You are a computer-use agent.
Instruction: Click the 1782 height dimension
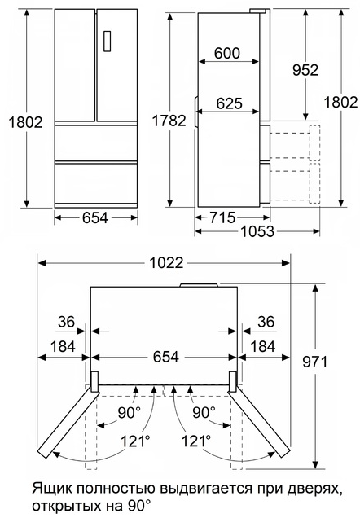(x=169, y=121)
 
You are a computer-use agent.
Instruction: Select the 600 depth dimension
(x=226, y=54)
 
